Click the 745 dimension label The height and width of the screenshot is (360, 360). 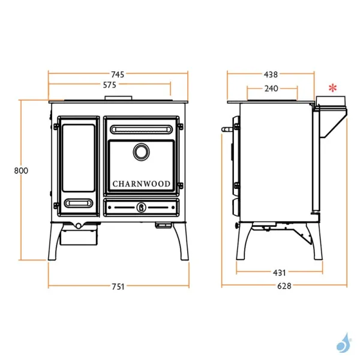(x=118, y=74)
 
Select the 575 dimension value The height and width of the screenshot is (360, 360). (x=109, y=85)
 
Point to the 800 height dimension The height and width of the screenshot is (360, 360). (x=21, y=170)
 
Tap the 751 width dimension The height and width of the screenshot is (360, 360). (x=118, y=287)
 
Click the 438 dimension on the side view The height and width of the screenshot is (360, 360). (x=271, y=74)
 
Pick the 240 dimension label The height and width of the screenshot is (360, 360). (x=271, y=89)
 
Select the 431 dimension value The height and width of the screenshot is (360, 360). (x=280, y=272)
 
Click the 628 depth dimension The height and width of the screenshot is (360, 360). (x=284, y=286)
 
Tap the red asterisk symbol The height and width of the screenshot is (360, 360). (x=334, y=88)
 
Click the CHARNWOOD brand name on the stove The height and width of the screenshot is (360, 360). (x=142, y=184)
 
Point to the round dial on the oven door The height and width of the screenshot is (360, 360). (x=142, y=152)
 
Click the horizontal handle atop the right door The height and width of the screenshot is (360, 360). (x=142, y=129)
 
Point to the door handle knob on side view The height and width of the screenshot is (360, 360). (x=227, y=128)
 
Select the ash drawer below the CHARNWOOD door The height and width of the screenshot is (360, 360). (x=142, y=208)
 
